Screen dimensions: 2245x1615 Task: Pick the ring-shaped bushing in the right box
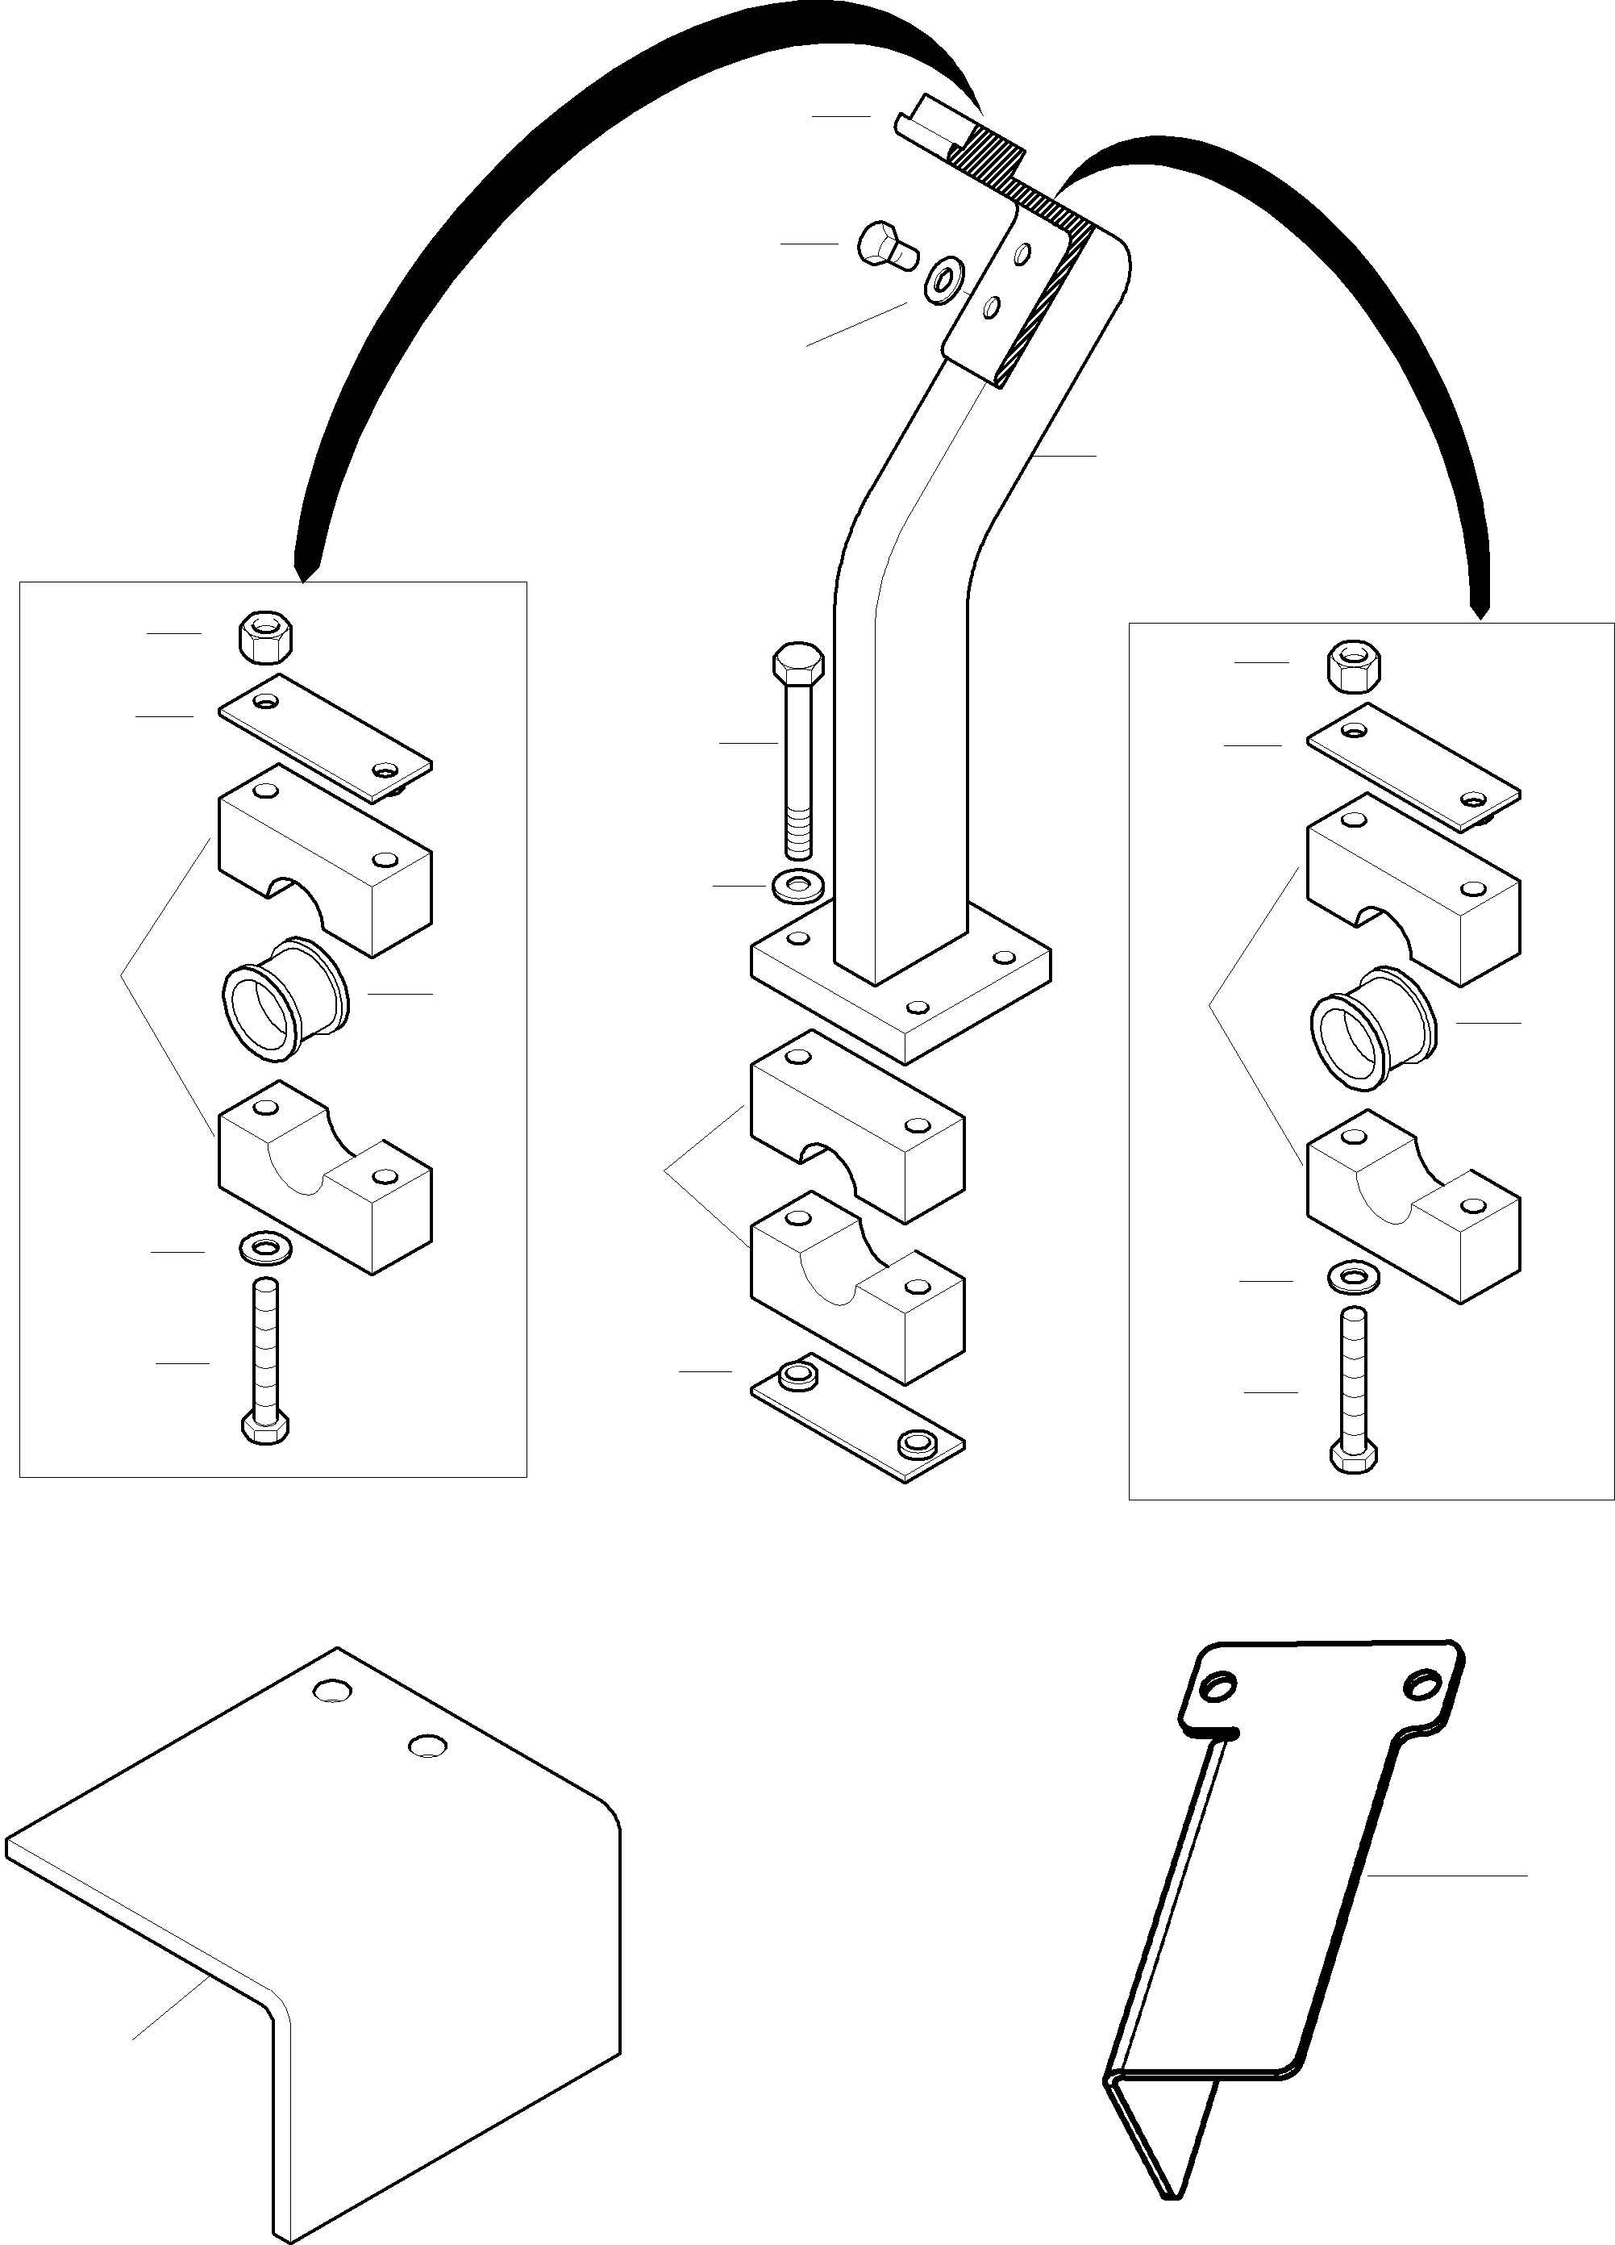pyautogui.click(x=1372, y=1028)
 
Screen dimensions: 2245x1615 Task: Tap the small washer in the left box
pyautogui.click(x=264, y=1248)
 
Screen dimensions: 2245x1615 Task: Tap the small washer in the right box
pyautogui.click(x=1353, y=1277)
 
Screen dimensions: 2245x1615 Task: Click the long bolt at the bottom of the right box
pyautogui.click(x=1353, y=1391)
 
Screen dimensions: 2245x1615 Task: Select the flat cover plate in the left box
pyautogui.click(x=325, y=737)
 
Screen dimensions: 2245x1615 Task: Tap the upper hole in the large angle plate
pyautogui.click(x=334, y=1690)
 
